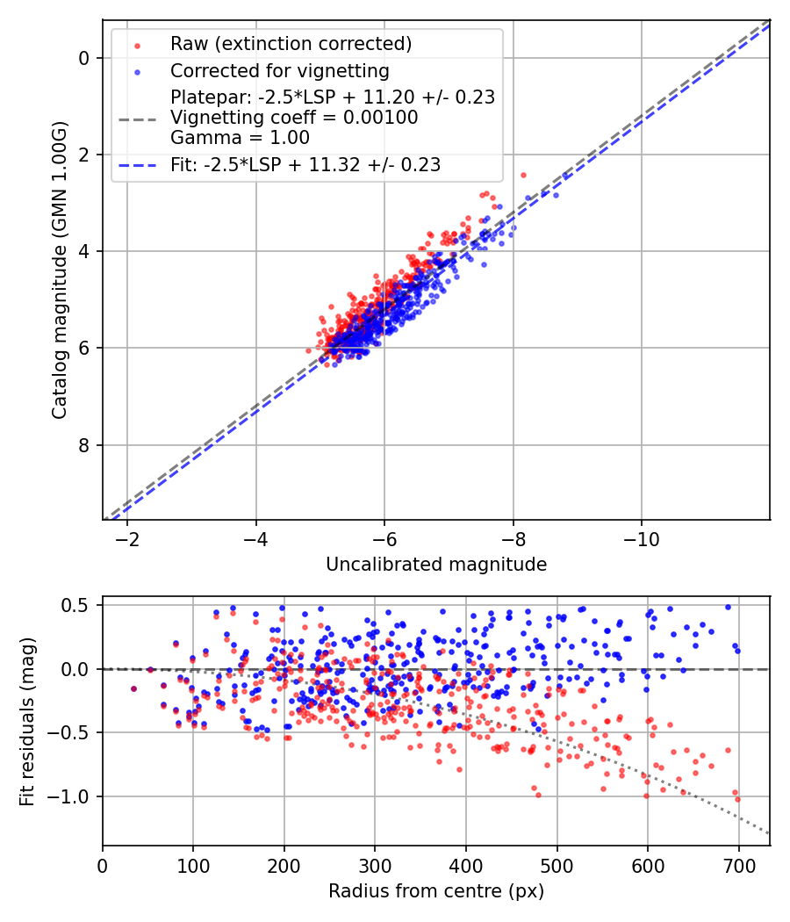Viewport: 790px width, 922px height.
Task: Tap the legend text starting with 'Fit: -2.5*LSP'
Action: point(305,164)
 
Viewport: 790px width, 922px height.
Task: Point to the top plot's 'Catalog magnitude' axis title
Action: point(59,269)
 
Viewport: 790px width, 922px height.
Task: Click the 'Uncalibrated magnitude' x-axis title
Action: point(436,565)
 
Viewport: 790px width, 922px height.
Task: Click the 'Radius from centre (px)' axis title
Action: point(436,891)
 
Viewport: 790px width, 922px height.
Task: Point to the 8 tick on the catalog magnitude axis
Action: point(84,445)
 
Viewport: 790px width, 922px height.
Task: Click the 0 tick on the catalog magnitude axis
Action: point(84,58)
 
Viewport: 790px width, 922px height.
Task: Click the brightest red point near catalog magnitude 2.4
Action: point(523,175)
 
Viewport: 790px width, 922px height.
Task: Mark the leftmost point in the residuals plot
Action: point(133,689)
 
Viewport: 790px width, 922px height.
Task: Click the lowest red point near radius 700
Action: point(737,799)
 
